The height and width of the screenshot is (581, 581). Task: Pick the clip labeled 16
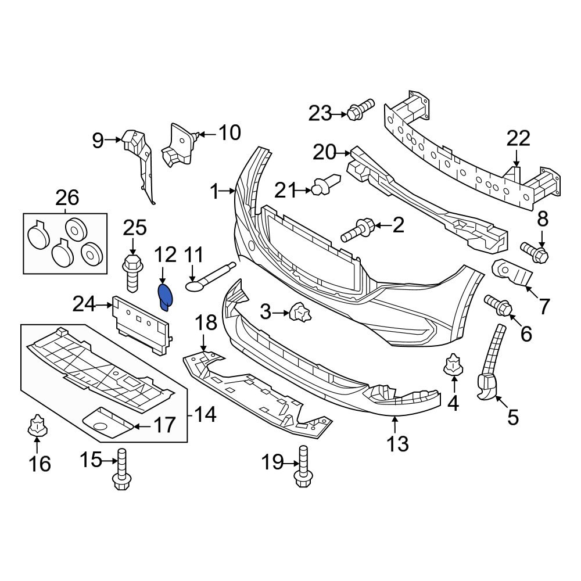tap(36, 427)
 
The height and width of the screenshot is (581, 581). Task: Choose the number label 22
tap(518, 139)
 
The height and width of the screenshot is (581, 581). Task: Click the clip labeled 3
tap(302, 314)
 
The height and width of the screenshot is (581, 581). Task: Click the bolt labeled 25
tap(132, 271)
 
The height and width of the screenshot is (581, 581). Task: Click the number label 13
tap(398, 444)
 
